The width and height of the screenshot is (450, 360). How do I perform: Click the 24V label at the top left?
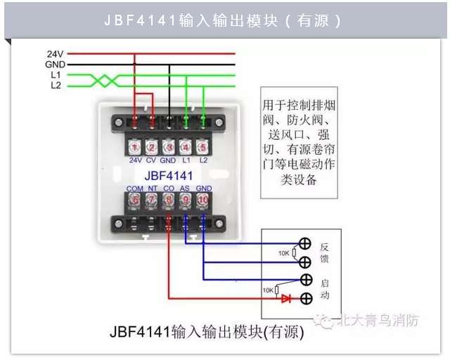[56, 53]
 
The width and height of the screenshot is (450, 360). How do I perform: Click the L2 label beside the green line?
[56, 86]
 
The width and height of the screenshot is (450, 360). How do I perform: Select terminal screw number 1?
[135, 147]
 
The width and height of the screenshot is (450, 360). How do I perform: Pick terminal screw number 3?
[169, 147]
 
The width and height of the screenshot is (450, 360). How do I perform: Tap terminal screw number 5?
[203, 147]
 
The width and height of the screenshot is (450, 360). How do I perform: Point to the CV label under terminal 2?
[152, 160]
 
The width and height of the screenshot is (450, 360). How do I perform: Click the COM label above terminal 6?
[135, 188]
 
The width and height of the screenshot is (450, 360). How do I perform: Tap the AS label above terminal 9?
[186, 188]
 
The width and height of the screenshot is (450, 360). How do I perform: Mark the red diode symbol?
[286, 298]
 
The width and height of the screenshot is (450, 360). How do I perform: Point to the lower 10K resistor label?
[267, 289]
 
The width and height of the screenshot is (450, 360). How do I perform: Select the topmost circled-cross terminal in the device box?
[305, 245]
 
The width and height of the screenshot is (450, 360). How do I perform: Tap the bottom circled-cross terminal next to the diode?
[305, 298]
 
